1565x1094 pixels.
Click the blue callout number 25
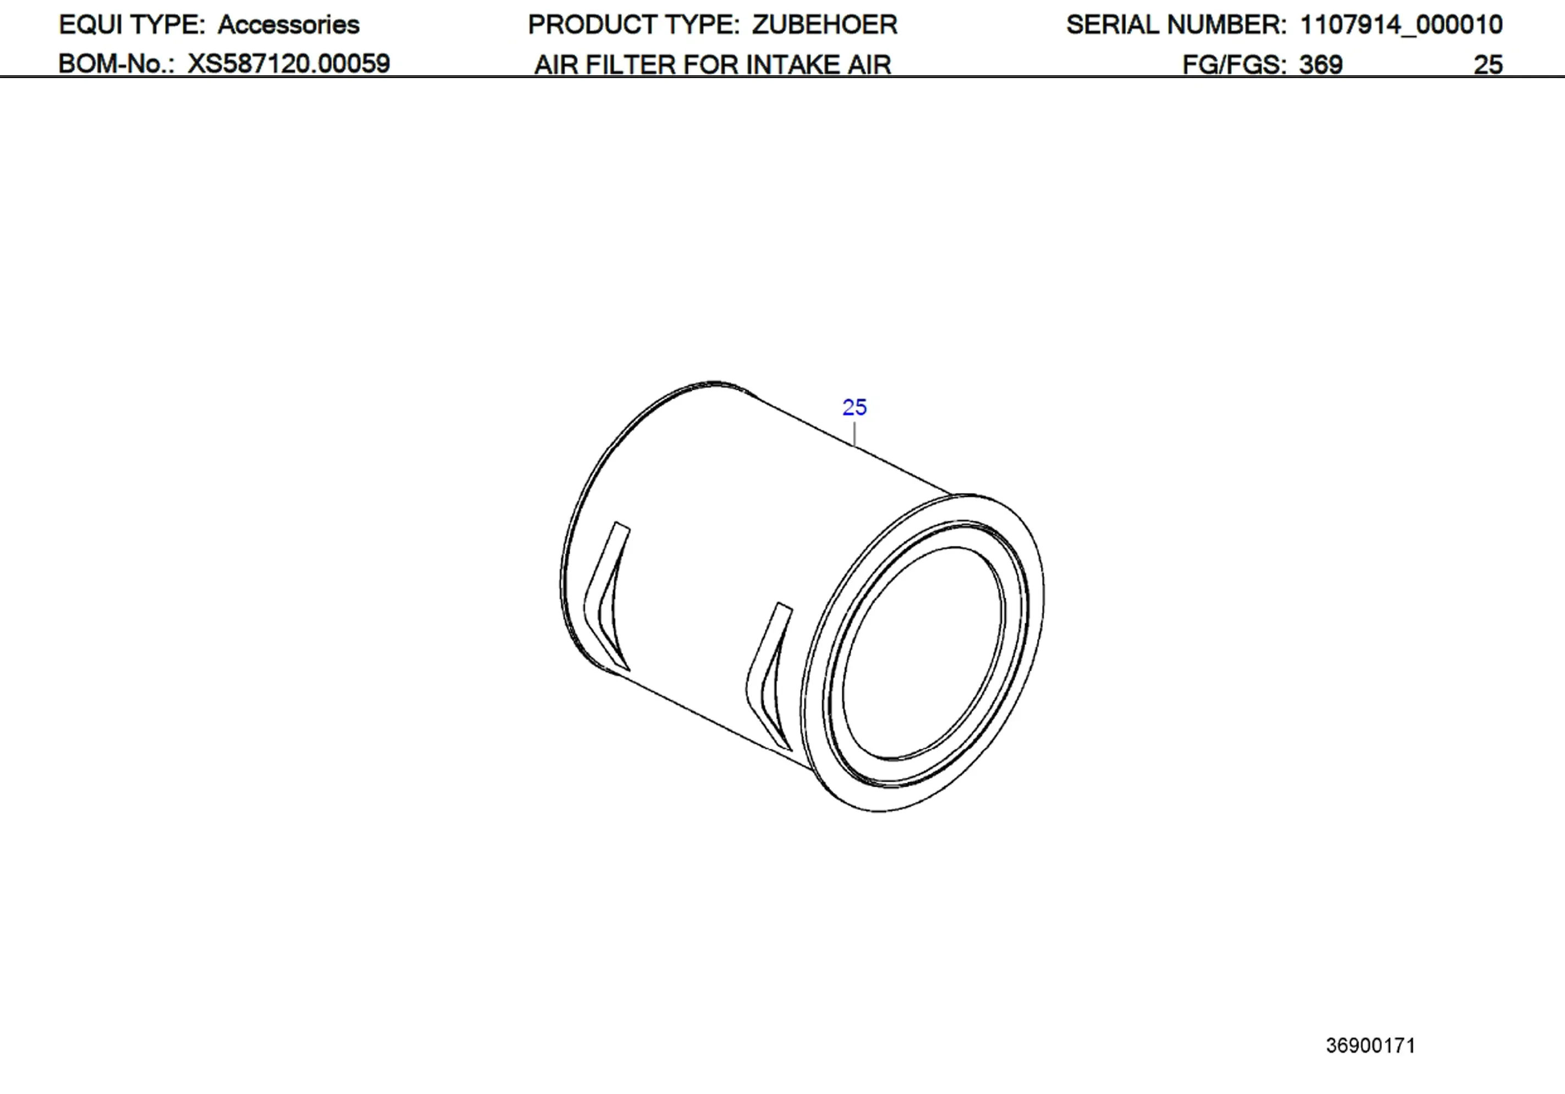(x=854, y=407)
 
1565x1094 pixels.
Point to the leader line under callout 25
(x=854, y=434)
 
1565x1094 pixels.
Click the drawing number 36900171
(x=1370, y=1046)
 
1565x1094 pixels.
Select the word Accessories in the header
(x=288, y=25)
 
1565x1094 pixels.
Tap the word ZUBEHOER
(x=824, y=25)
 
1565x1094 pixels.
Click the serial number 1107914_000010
(x=1401, y=25)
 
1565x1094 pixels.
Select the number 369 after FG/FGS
(x=1320, y=65)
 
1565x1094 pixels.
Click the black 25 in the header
(x=1487, y=65)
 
